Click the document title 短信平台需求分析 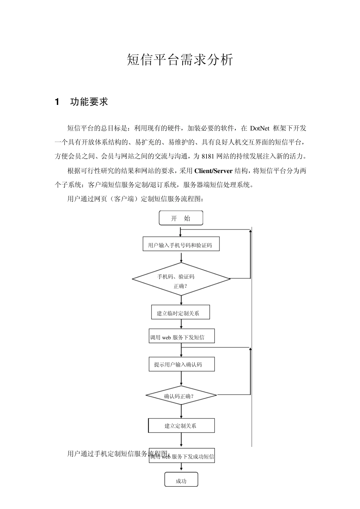click(x=180, y=60)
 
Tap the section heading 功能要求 click(x=89, y=102)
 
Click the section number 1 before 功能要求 click(x=57, y=102)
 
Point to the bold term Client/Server click(x=213, y=171)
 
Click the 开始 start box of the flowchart click(x=181, y=218)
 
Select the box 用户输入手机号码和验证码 click(x=181, y=244)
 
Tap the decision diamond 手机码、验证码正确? click(x=181, y=279)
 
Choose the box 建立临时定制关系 click(x=180, y=312)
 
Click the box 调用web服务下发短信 click(x=182, y=336)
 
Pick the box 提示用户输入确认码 click(x=182, y=364)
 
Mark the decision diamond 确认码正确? click(x=181, y=396)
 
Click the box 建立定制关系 click(x=181, y=426)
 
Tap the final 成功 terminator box click(x=181, y=480)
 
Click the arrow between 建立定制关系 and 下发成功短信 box click(x=182, y=440)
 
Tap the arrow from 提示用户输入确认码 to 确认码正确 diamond click(x=182, y=378)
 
